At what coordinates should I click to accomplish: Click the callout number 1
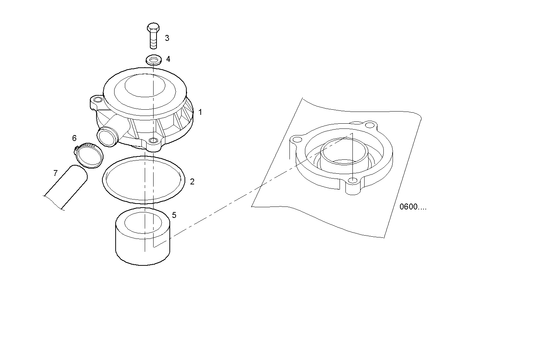click(x=200, y=112)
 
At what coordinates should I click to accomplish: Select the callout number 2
click(x=192, y=182)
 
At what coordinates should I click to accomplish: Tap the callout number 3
click(x=167, y=38)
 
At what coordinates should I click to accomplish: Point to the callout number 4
click(x=168, y=59)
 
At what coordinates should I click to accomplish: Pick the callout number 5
click(x=174, y=215)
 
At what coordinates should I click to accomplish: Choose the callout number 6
click(x=74, y=138)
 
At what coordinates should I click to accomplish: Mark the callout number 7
click(x=56, y=173)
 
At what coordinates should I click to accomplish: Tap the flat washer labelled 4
click(x=154, y=60)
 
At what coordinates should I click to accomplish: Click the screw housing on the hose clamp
click(x=77, y=149)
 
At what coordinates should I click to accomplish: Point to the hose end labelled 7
click(x=66, y=187)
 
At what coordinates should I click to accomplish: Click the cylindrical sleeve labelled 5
click(x=143, y=236)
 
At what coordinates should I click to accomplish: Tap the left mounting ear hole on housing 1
click(x=98, y=99)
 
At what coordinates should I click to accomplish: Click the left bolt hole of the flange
click(x=297, y=140)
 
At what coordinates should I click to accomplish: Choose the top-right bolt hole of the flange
click(x=370, y=125)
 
